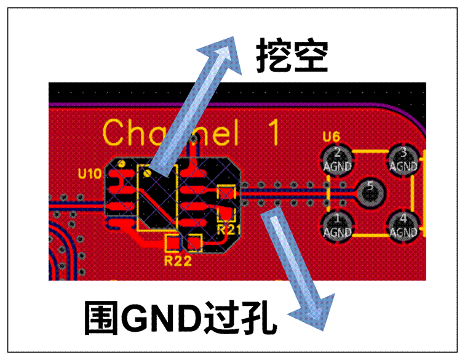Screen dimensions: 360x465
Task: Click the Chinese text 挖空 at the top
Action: [x=291, y=57]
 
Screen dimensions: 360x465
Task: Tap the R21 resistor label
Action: [x=228, y=230]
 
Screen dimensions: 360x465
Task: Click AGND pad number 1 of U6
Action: [x=337, y=225]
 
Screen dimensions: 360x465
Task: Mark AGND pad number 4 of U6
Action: [x=403, y=225]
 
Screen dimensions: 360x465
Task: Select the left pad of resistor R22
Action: [x=173, y=242]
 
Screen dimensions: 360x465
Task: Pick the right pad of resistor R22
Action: [x=195, y=242]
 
